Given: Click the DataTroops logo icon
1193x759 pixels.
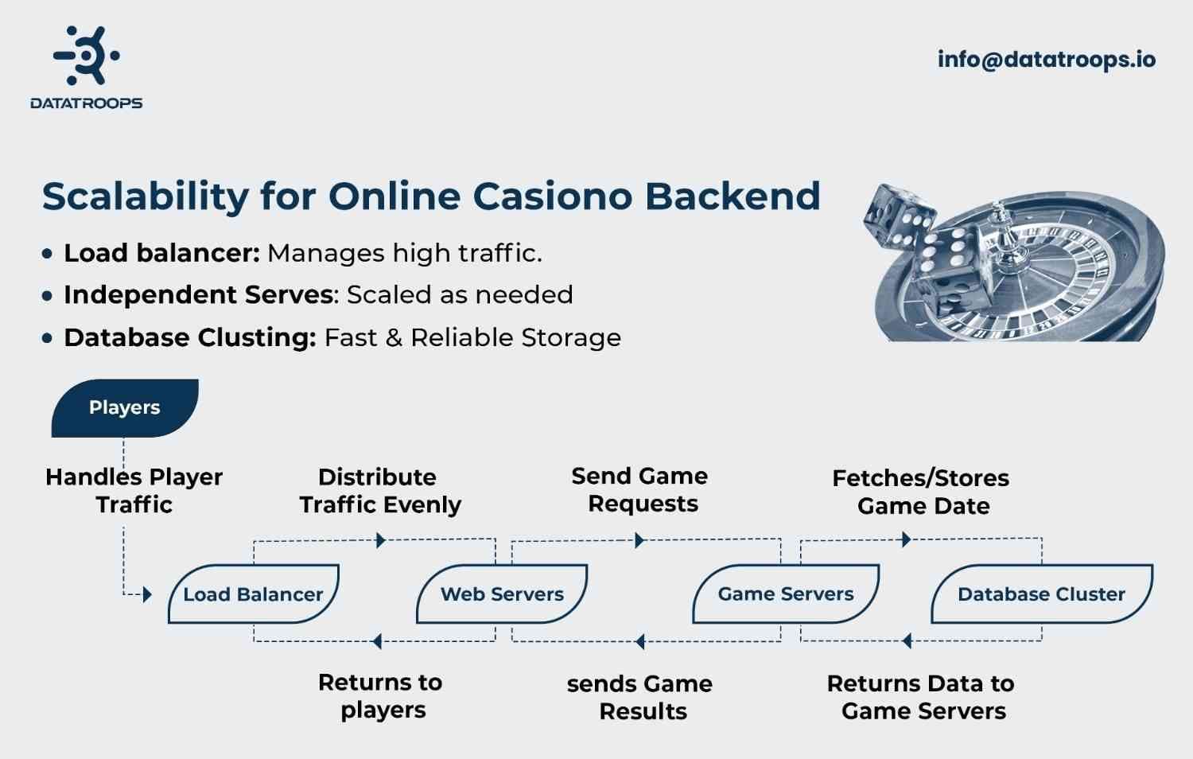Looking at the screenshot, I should (87, 56).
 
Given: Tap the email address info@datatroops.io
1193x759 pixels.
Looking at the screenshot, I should (1046, 60).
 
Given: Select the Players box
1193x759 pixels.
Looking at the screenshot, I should (125, 407).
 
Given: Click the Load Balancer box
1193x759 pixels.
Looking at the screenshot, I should (253, 594).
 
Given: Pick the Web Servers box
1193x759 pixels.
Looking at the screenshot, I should (502, 594).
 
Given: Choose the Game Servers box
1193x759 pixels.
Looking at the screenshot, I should (785, 594).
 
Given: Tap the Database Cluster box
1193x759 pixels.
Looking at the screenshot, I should (1041, 594).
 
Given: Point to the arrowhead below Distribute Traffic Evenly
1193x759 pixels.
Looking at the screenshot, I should (381, 541).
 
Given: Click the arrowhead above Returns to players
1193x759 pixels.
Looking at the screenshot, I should (377, 641).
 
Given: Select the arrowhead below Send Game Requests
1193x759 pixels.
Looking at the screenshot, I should (639, 541).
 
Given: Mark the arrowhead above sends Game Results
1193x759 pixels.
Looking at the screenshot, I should (639, 641).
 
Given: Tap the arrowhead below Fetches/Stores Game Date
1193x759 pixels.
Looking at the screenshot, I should (906, 540).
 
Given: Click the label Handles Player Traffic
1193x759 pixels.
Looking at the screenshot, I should (134, 491).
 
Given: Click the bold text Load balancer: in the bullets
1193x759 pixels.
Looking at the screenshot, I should (161, 253).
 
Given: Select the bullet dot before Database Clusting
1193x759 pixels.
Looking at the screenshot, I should (48, 338).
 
